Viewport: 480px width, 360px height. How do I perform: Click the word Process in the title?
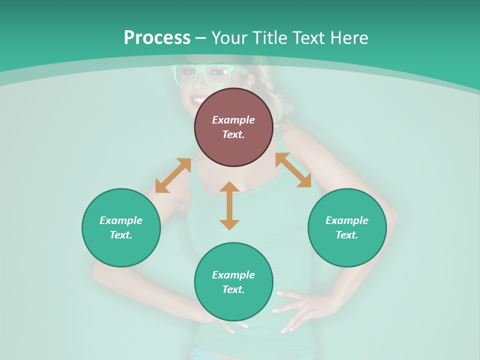157,38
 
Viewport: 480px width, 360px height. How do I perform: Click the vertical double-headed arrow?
229,205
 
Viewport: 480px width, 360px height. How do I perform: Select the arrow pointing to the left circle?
173,175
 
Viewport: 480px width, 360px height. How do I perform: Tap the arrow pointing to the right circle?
293,170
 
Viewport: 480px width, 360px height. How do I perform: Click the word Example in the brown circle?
233,120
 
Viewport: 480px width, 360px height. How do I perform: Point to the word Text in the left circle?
121,235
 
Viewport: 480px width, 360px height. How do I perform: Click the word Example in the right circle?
347,220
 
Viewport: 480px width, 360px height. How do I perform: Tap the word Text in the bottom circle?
233,289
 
